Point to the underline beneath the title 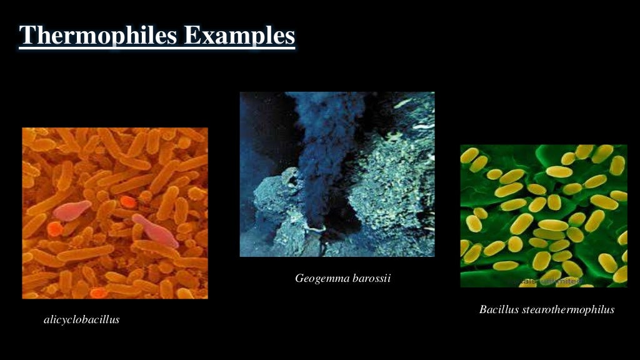pyautogui.click(x=156, y=48)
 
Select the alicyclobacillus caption pyautogui.click(x=81, y=320)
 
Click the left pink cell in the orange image pyautogui.click(x=71, y=210)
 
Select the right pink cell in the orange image pyautogui.click(x=156, y=231)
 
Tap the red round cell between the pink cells pyautogui.click(x=127, y=202)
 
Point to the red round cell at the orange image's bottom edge pyautogui.click(x=97, y=292)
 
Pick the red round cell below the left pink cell pyautogui.click(x=54, y=229)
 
